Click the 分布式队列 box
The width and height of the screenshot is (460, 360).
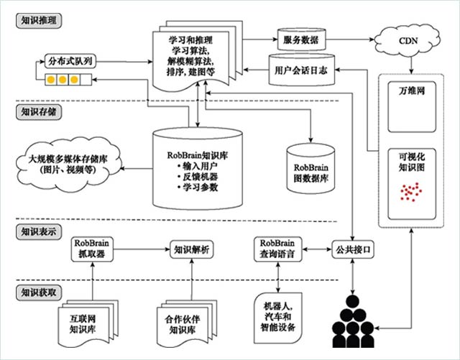coord(68,60)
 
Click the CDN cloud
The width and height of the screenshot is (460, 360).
coord(407,42)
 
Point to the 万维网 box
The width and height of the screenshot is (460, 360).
coord(411,93)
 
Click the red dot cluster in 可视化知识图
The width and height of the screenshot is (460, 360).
coord(410,191)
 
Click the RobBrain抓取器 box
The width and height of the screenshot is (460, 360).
coord(95,249)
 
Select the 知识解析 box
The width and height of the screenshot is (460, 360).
coord(192,249)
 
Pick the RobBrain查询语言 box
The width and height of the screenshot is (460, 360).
coord(279,249)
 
